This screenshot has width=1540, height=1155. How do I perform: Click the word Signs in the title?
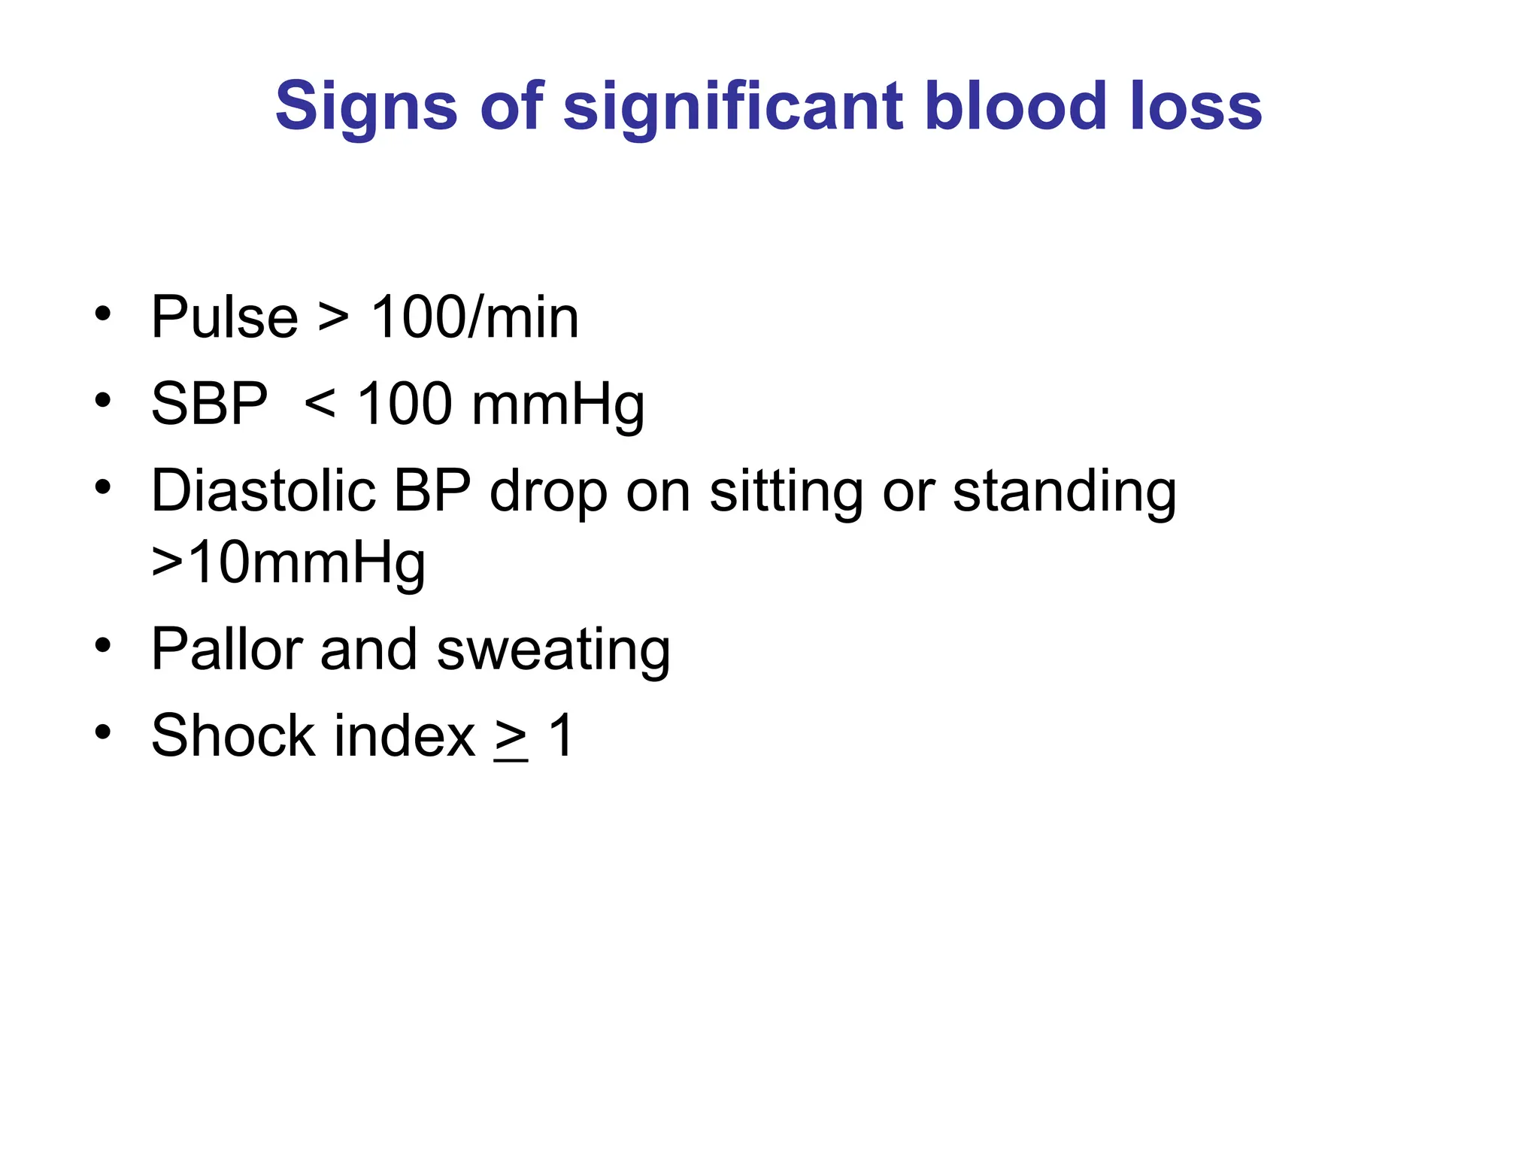click(x=366, y=107)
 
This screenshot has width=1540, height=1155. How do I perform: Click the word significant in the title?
click(x=733, y=107)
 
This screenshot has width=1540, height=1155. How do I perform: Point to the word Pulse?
click(x=224, y=317)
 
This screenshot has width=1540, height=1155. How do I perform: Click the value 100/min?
click(x=475, y=317)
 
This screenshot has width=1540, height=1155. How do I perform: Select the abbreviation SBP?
click(x=209, y=404)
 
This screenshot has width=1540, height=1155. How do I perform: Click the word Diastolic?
click(x=263, y=490)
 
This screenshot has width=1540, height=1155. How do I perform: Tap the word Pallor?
click(x=226, y=649)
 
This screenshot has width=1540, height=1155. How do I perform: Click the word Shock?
click(x=232, y=735)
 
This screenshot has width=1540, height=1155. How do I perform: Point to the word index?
click(x=405, y=735)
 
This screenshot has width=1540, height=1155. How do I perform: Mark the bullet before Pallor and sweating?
click(x=103, y=645)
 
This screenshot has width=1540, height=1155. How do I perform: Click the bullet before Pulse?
click(x=103, y=314)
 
